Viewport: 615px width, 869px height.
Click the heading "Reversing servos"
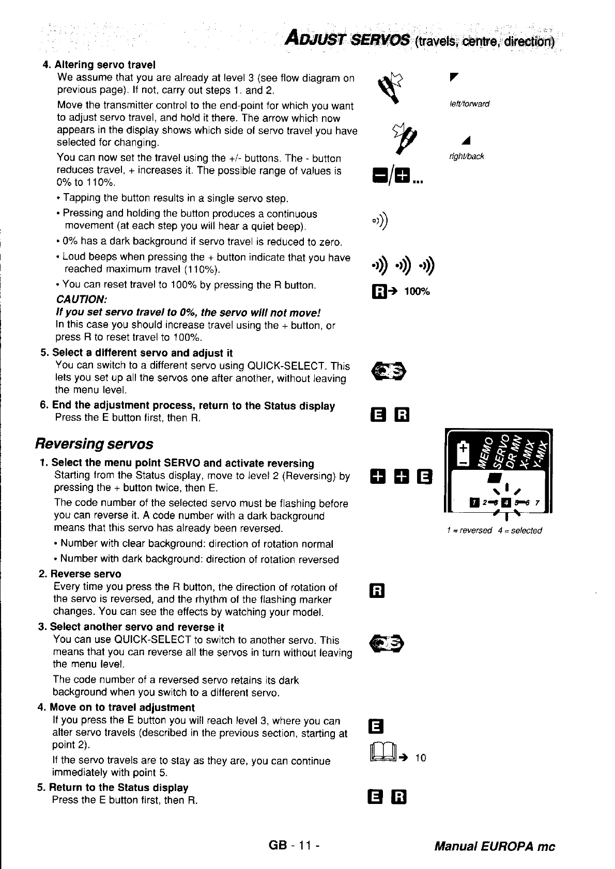[x=94, y=444]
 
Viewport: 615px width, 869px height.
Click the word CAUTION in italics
[x=81, y=299]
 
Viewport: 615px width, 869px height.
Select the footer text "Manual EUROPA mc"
[x=495, y=846]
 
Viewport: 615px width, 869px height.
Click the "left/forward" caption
[x=469, y=104]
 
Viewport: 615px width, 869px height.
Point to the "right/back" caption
[x=466, y=156]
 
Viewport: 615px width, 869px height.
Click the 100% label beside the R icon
[x=417, y=292]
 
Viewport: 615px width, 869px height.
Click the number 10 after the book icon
[x=421, y=758]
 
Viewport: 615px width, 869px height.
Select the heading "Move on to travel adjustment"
[x=122, y=707]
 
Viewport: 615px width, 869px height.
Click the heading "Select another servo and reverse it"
[x=137, y=627]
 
